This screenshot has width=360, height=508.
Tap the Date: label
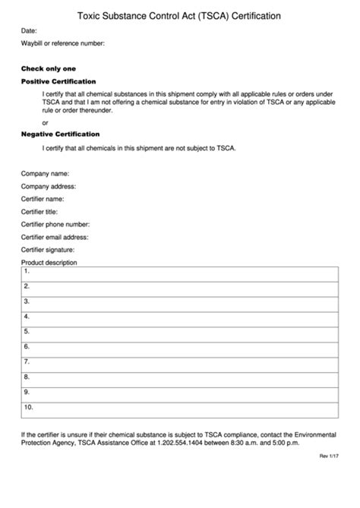point(29,31)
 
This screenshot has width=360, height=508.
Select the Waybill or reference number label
point(62,44)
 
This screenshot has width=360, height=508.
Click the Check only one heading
point(48,68)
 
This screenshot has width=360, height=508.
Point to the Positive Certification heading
point(58,81)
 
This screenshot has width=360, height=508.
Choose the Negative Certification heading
point(60,134)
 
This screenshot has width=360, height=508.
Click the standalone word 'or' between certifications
point(46,122)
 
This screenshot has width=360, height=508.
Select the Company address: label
point(48,186)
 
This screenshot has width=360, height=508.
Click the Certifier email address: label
point(55,237)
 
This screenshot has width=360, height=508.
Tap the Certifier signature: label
point(48,250)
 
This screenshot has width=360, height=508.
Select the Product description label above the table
point(49,263)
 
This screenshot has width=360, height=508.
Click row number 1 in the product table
point(27,271)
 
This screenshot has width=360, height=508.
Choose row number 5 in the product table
point(27,331)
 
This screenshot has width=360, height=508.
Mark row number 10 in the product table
point(28,407)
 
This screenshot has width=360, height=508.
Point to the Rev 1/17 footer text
point(326,457)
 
